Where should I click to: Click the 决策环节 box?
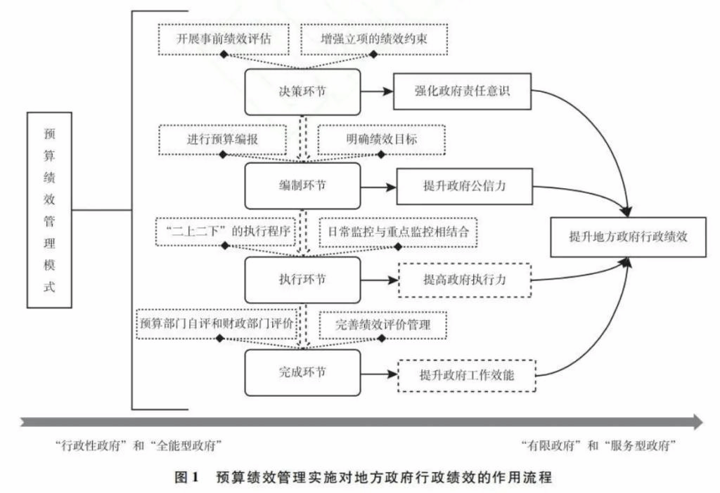click(302, 91)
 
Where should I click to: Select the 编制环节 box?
click(302, 185)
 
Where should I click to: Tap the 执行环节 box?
click(302, 279)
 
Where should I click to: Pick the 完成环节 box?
click(302, 372)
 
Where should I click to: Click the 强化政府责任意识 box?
click(462, 91)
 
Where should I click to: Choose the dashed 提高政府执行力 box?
click(465, 280)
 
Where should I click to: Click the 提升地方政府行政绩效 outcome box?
click(628, 237)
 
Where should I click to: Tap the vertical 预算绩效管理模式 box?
click(49, 209)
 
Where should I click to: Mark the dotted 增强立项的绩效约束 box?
click(374, 39)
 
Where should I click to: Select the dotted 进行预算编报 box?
click(222, 139)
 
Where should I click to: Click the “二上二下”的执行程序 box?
click(224, 231)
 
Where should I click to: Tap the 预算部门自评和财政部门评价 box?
click(216, 324)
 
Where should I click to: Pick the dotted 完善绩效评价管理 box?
click(383, 324)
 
